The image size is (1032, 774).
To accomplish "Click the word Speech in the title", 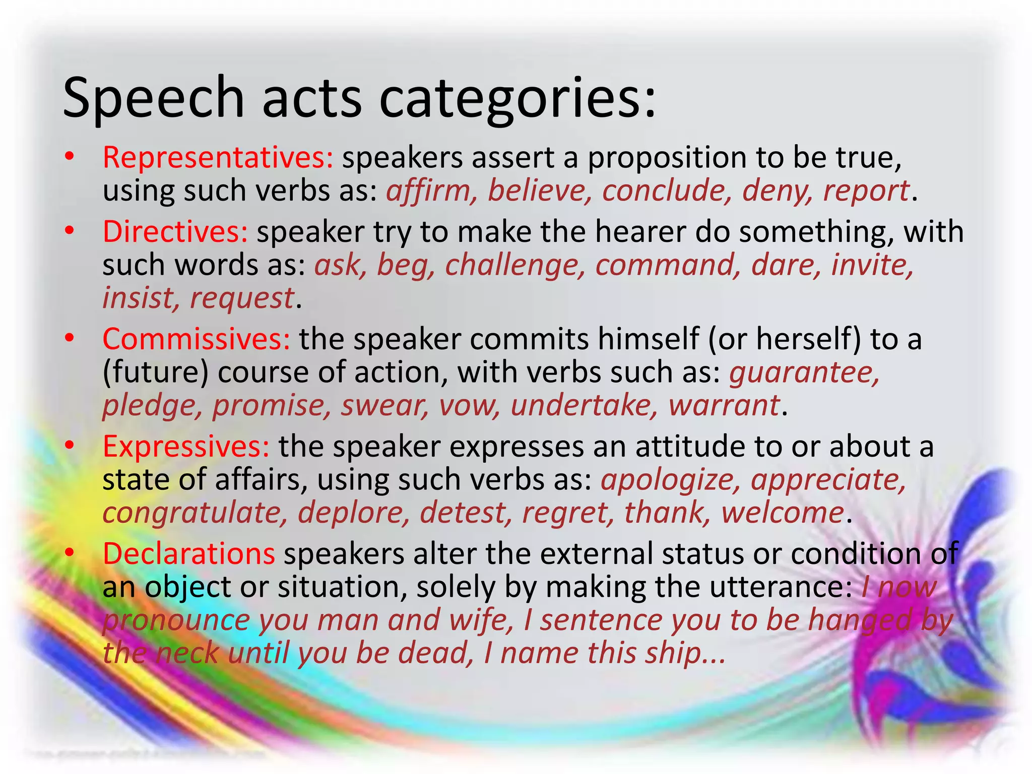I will pos(153,98).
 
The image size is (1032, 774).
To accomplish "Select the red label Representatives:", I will pos(218,157).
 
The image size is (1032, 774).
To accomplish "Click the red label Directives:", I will pos(175,232).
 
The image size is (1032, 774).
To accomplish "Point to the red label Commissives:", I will pos(197,339).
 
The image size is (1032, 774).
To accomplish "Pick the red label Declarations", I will pos(189,553).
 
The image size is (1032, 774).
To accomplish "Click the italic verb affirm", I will pos(429,190).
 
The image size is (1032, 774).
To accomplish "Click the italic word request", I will pos(241,298).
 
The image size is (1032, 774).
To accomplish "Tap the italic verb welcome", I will pos(783,513).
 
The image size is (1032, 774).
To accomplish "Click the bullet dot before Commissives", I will pos(70,338).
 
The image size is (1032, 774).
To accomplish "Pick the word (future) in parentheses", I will pos(155,373).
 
